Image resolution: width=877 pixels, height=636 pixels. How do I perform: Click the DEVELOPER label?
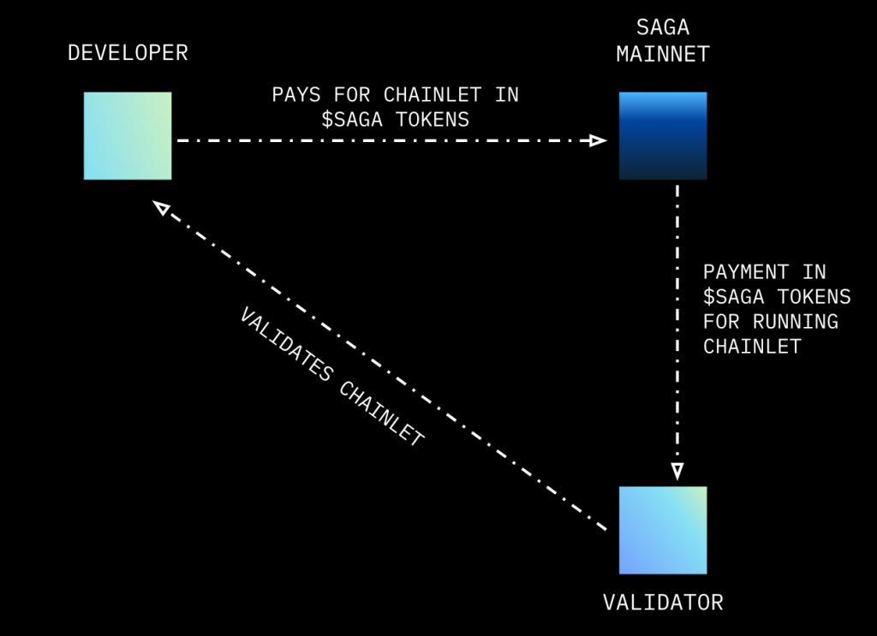tap(128, 53)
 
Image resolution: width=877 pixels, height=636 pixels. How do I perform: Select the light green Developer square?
tap(128, 135)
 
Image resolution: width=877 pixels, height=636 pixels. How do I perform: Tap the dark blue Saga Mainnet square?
tap(663, 135)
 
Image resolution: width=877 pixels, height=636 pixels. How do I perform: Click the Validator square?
tap(663, 530)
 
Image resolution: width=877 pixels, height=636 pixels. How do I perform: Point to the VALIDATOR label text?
tap(663, 603)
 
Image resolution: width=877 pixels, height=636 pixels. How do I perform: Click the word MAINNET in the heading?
tap(663, 55)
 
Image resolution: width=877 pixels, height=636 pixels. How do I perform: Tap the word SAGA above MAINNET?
tap(663, 29)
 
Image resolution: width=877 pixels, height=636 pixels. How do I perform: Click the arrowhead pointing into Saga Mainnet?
tap(599, 140)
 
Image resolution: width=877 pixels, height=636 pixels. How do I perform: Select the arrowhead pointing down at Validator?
tap(677, 471)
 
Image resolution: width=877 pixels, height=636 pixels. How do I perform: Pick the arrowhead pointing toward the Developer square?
tap(161, 208)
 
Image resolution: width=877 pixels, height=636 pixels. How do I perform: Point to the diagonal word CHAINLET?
tap(381, 413)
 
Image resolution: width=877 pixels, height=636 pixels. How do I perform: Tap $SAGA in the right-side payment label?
tap(734, 297)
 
